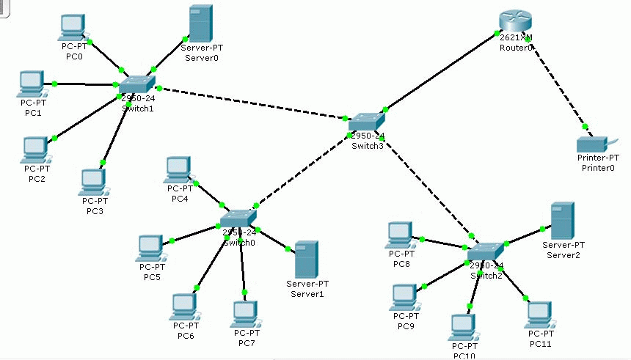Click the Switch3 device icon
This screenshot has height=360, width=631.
click(x=367, y=122)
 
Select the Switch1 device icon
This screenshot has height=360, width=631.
click(x=137, y=84)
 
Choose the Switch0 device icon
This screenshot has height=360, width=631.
click(x=238, y=218)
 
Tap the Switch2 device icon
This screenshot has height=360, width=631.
click(x=486, y=251)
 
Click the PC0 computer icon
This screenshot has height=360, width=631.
click(x=73, y=26)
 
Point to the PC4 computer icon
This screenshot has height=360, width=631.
click(x=178, y=169)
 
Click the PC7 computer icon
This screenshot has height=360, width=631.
click(x=245, y=314)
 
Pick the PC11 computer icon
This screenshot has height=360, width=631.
click(x=539, y=314)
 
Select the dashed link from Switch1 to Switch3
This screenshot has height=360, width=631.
click(x=249, y=103)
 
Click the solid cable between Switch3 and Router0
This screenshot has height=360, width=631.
click(x=440, y=73)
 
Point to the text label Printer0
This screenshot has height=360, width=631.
click(x=597, y=167)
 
